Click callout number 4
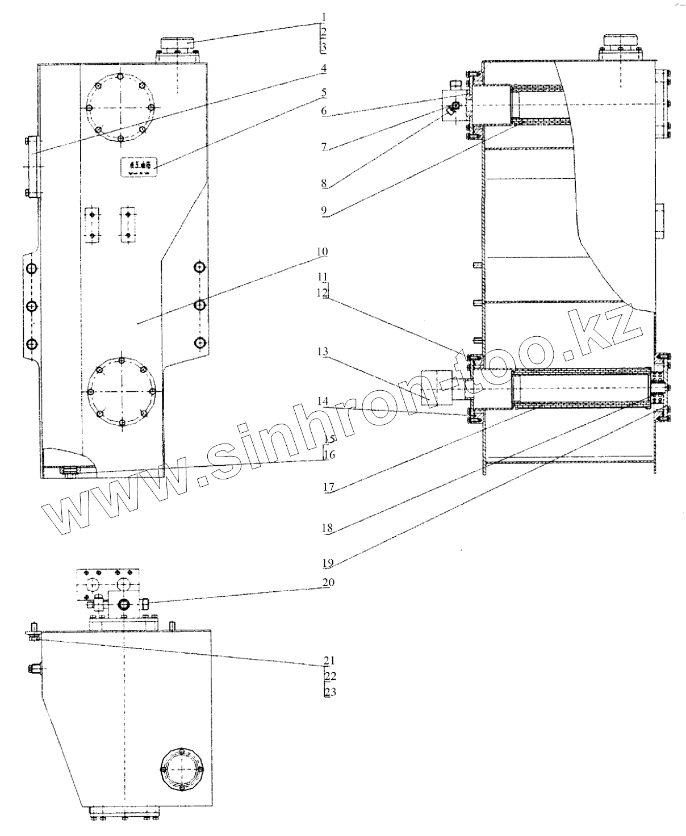point(323,69)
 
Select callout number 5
point(323,91)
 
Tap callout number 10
point(323,252)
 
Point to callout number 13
point(323,352)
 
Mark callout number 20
point(329,582)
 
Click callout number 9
point(323,211)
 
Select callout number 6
point(323,111)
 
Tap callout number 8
point(323,183)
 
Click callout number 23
point(329,692)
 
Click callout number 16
point(329,455)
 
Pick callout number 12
point(323,293)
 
